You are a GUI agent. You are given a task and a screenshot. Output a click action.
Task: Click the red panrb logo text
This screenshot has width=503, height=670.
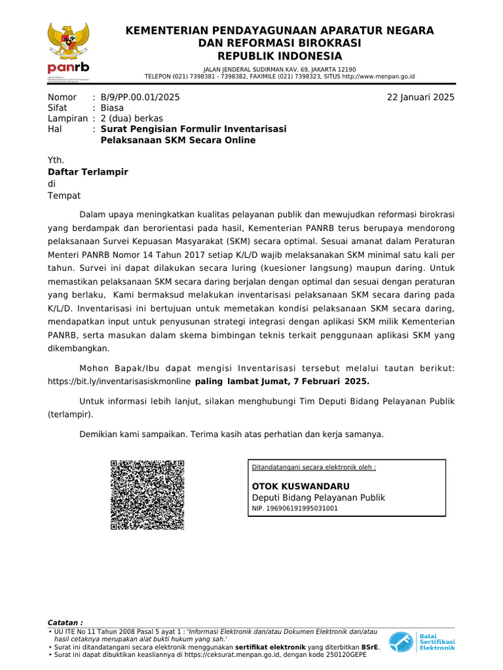68,68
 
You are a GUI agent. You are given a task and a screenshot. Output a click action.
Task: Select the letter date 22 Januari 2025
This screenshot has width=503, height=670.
420,97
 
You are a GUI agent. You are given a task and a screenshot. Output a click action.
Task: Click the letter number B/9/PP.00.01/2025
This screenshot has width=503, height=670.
140,97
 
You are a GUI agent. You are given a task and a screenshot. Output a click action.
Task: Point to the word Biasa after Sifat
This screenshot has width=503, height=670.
112,108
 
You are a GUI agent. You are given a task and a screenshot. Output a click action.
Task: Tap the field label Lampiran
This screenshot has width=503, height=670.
67,118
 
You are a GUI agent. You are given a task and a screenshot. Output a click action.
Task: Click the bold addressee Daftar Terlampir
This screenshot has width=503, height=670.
88,172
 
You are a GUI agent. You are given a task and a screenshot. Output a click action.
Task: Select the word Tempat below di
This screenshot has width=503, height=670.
64,196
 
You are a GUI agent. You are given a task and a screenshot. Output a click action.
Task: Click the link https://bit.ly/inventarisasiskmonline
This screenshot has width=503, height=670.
120,381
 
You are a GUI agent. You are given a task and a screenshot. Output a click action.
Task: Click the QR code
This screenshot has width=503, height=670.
147,495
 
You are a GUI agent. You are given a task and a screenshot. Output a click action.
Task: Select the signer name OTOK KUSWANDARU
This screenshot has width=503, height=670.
301,486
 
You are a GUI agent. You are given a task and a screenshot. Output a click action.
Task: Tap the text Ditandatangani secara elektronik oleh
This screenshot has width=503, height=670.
314,468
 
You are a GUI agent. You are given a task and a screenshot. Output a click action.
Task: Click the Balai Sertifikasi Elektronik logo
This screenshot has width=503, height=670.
422,642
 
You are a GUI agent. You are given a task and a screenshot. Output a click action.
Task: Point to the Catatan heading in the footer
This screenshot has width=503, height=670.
65,622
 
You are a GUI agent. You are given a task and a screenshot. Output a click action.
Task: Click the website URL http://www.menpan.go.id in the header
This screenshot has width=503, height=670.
378,77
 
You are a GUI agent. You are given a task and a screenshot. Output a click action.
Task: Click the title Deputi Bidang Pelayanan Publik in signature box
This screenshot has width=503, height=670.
318,497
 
